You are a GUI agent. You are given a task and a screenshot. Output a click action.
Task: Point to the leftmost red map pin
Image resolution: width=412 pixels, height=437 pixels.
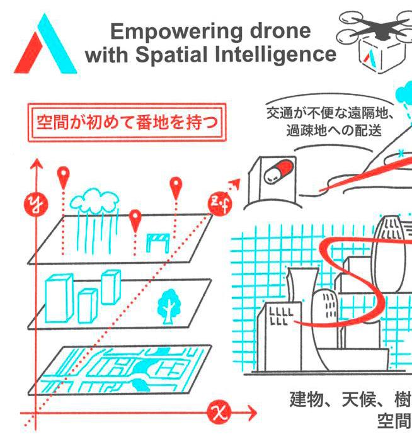coord(62,176)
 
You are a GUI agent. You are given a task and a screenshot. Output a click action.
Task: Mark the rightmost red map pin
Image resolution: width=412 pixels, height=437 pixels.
coord(176,186)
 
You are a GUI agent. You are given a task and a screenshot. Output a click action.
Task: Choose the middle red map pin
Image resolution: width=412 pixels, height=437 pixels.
coord(134,220)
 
